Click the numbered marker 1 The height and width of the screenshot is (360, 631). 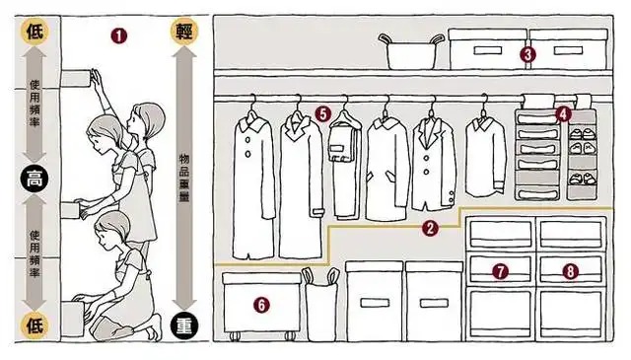point(119,36)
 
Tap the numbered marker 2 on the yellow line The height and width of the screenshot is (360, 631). point(430,228)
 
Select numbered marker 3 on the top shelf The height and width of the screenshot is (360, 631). point(527,54)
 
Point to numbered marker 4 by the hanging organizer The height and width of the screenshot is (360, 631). point(563,114)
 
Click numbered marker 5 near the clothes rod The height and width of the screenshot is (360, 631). point(323,114)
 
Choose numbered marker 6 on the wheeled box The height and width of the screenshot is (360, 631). point(261,305)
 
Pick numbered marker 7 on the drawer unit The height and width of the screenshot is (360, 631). point(500,271)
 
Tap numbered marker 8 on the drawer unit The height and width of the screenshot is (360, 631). point(570,271)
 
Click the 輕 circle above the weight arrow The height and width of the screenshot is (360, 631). point(184,31)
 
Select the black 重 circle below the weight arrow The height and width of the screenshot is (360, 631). point(184,326)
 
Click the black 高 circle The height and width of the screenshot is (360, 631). point(35,179)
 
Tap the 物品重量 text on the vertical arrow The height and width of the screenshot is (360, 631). point(184,178)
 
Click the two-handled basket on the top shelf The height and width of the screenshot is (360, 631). point(411,52)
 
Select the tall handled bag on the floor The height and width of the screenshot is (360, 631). point(320,304)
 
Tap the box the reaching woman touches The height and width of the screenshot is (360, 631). point(76,78)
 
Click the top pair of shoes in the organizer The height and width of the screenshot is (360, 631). point(583,134)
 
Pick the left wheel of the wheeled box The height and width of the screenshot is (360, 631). point(235,336)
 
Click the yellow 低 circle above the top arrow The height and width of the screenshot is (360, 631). point(35,31)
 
